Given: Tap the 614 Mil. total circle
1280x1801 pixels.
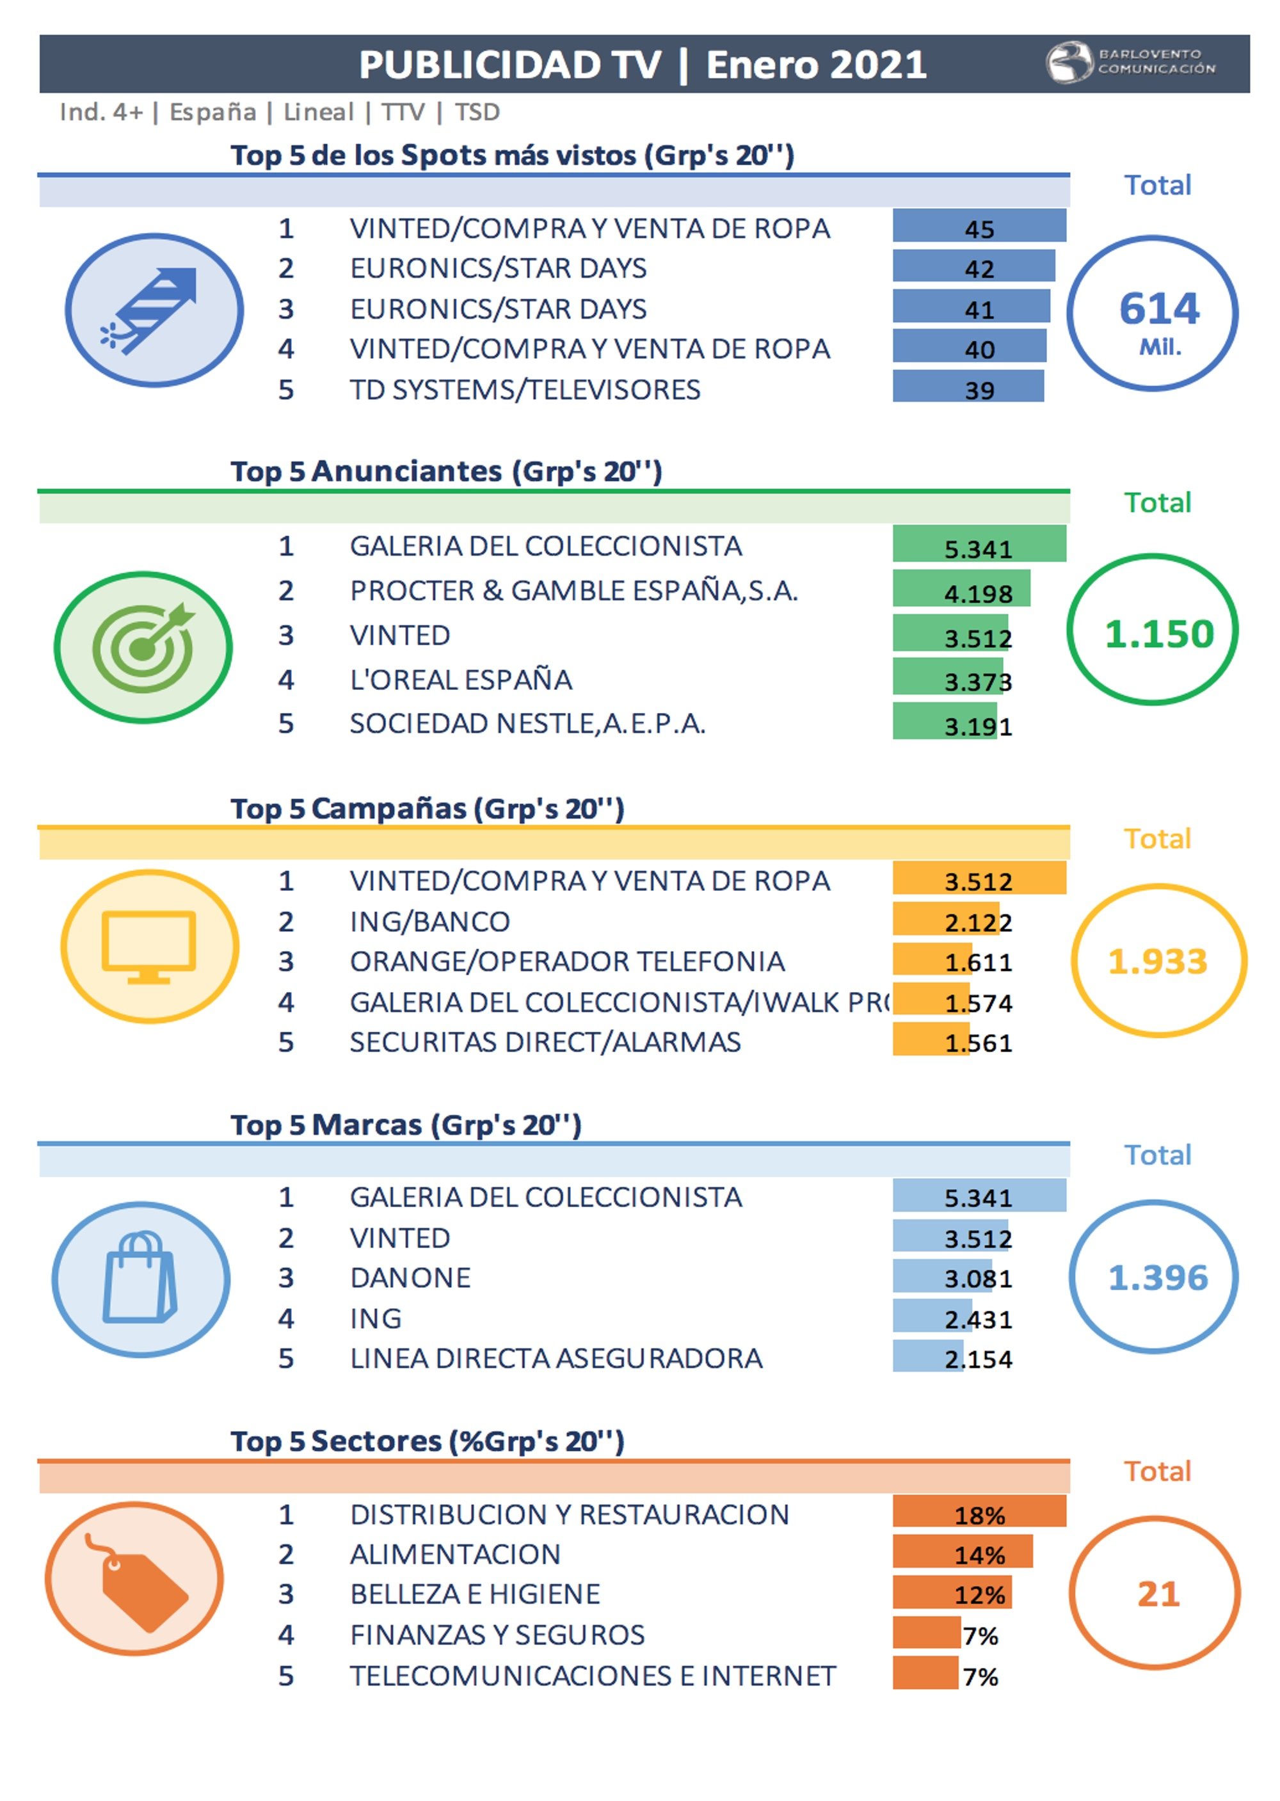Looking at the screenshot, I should pyautogui.click(x=1151, y=313).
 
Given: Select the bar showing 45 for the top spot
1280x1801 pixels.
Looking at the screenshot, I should pyautogui.click(x=979, y=226).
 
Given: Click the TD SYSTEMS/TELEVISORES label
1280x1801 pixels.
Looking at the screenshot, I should pyautogui.click(x=525, y=389).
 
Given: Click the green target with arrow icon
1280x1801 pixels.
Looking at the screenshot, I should pyautogui.click(x=143, y=646).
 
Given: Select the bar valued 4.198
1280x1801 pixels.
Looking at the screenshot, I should pyautogui.click(x=961, y=588).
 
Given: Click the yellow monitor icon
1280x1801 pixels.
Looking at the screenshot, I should pyautogui.click(x=149, y=946).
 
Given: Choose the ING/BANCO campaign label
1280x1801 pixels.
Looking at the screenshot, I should pyautogui.click(x=429, y=922).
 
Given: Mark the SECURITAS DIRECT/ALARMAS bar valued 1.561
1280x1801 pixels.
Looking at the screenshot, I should pyautogui.click(x=931, y=1039).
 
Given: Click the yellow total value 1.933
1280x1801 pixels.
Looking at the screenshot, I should pyautogui.click(x=1157, y=961).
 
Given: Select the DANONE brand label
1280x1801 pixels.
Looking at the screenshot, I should pyautogui.click(x=410, y=1277).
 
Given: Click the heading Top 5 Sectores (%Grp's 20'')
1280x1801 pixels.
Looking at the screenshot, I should pyautogui.click(x=427, y=1441).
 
